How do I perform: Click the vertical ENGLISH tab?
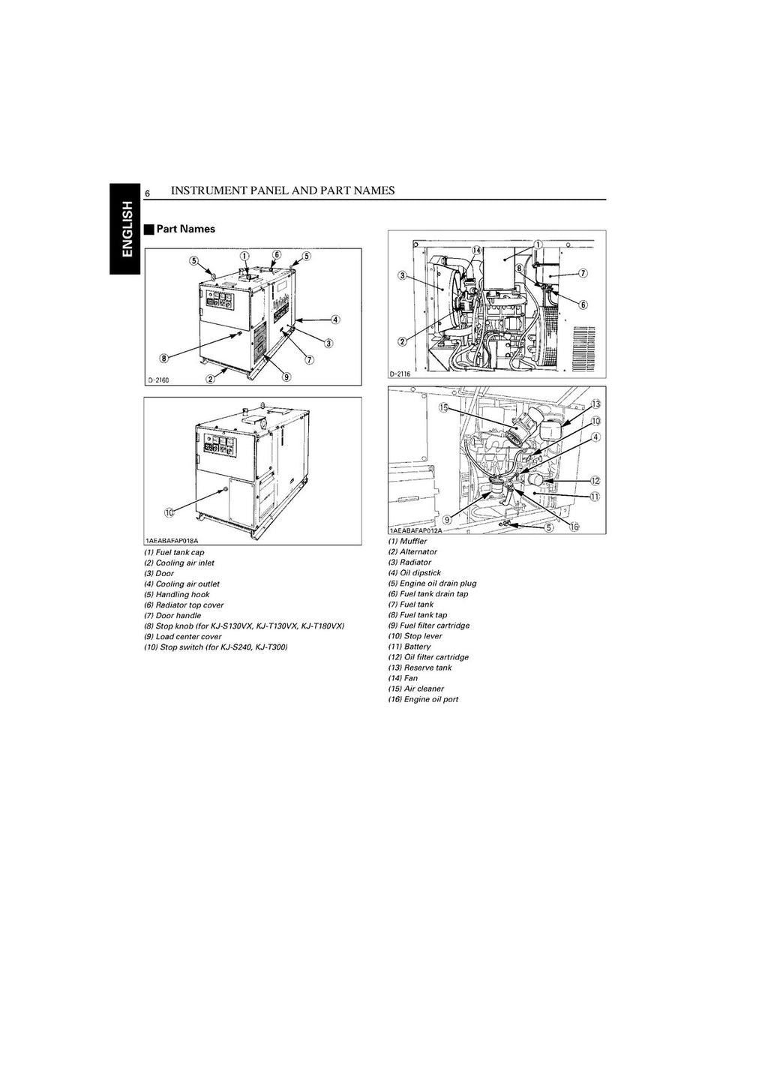pyautogui.click(x=125, y=228)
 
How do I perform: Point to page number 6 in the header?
pyautogui.click(x=148, y=194)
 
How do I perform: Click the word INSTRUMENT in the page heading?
pyautogui.click(x=207, y=191)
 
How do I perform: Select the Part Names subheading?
pyautogui.click(x=185, y=230)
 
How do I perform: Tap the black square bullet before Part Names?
pyautogui.click(x=149, y=230)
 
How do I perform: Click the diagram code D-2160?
pyautogui.click(x=158, y=380)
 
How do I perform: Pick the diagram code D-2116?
pyautogui.click(x=402, y=374)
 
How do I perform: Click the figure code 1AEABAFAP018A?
pyautogui.click(x=172, y=540)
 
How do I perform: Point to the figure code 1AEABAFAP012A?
pyautogui.click(x=416, y=530)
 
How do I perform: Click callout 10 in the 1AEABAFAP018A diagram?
pyautogui.click(x=169, y=512)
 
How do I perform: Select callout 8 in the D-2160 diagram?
pyautogui.click(x=164, y=358)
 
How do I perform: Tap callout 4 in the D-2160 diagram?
pyautogui.click(x=335, y=319)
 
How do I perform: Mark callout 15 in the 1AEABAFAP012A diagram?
pyautogui.click(x=443, y=408)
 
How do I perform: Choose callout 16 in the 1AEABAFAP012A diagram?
pyautogui.click(x=574, y=527)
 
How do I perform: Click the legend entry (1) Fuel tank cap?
pyautogui.click(x=174, y=552)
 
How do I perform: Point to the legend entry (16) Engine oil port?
pyautogui.click(x=423, y=699)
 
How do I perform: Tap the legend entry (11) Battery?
pyautogui.click(x=409, y=647)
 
